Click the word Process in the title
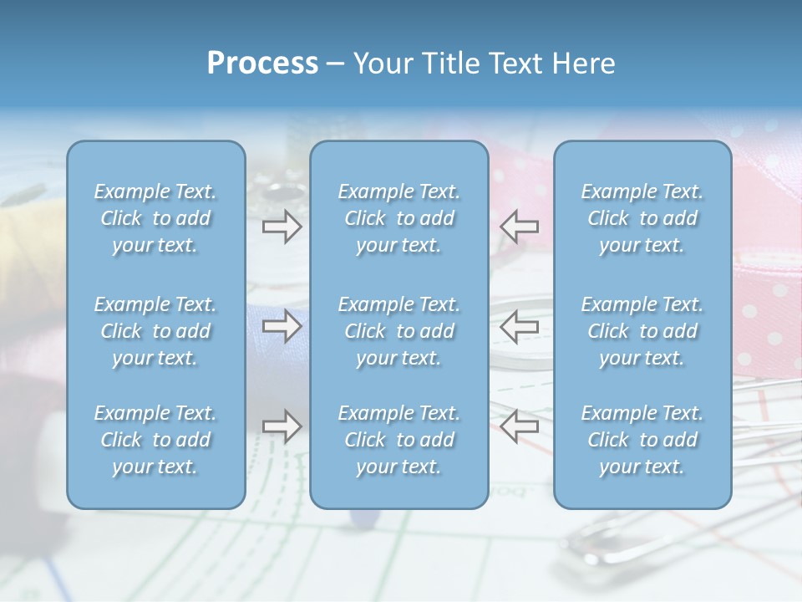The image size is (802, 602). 262,64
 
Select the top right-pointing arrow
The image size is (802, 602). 282,226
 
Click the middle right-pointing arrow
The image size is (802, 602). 282,326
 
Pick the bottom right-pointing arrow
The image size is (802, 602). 282,426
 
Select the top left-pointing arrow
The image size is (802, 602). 520,226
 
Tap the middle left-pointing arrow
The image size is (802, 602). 520,326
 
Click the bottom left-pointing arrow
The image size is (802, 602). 520,426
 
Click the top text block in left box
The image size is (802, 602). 155,218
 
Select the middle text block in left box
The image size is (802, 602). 155,331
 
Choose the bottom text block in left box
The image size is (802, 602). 155,440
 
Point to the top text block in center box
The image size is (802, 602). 399,218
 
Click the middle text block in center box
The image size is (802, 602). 399,331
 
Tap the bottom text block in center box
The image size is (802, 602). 399,440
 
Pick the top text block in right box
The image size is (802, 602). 642,218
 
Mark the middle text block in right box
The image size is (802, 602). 642,331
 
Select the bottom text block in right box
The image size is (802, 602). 642,440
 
